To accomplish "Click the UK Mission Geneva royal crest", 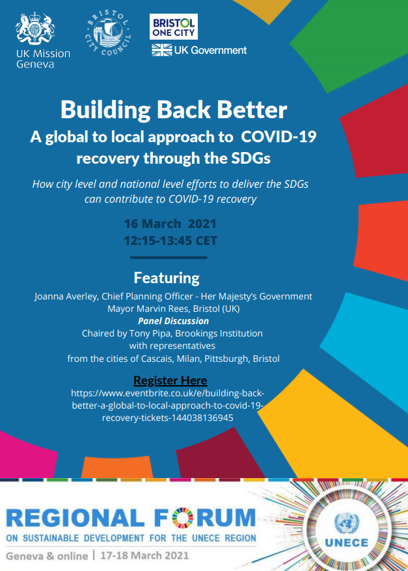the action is [x=35, y=29].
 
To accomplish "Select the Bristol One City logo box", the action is [x=174, y=27].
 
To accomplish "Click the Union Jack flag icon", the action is [x=161, y=50].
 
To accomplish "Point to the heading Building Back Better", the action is [x=174, y=110].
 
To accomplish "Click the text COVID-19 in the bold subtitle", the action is [x=279, y=137].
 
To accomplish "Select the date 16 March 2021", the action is [x=170, y=223].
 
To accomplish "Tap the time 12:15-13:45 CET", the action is [x=170, y=241].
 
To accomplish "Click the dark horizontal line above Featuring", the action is [x=169, y=257].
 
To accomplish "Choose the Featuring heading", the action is [x=167, y=278].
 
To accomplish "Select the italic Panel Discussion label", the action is [x=173, y=321].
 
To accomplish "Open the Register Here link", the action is [x=170, y=381].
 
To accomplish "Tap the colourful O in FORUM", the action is [x=180, y=518].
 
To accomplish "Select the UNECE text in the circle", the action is [x=346, y=543].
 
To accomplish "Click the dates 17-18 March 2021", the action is [x=145, y=555].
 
